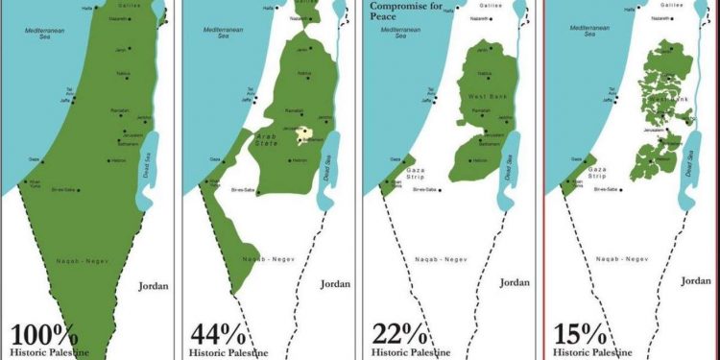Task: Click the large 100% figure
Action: [x=44, y=335]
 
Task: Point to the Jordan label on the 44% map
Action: [x=335, y=283]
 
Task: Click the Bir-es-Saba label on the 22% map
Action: [x=425, y=190]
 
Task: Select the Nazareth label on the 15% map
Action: [x=662, y=18]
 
